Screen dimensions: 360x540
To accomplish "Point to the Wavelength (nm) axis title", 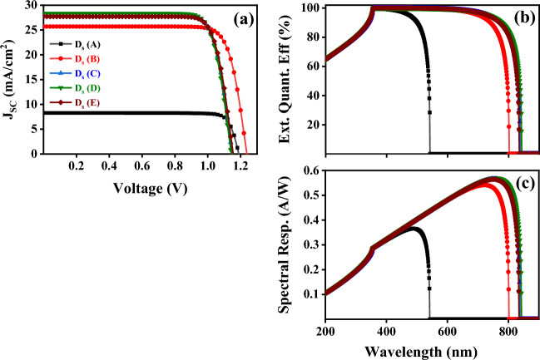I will [x=433, y=350].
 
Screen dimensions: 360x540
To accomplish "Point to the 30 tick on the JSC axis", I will [x=31, y=6].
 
